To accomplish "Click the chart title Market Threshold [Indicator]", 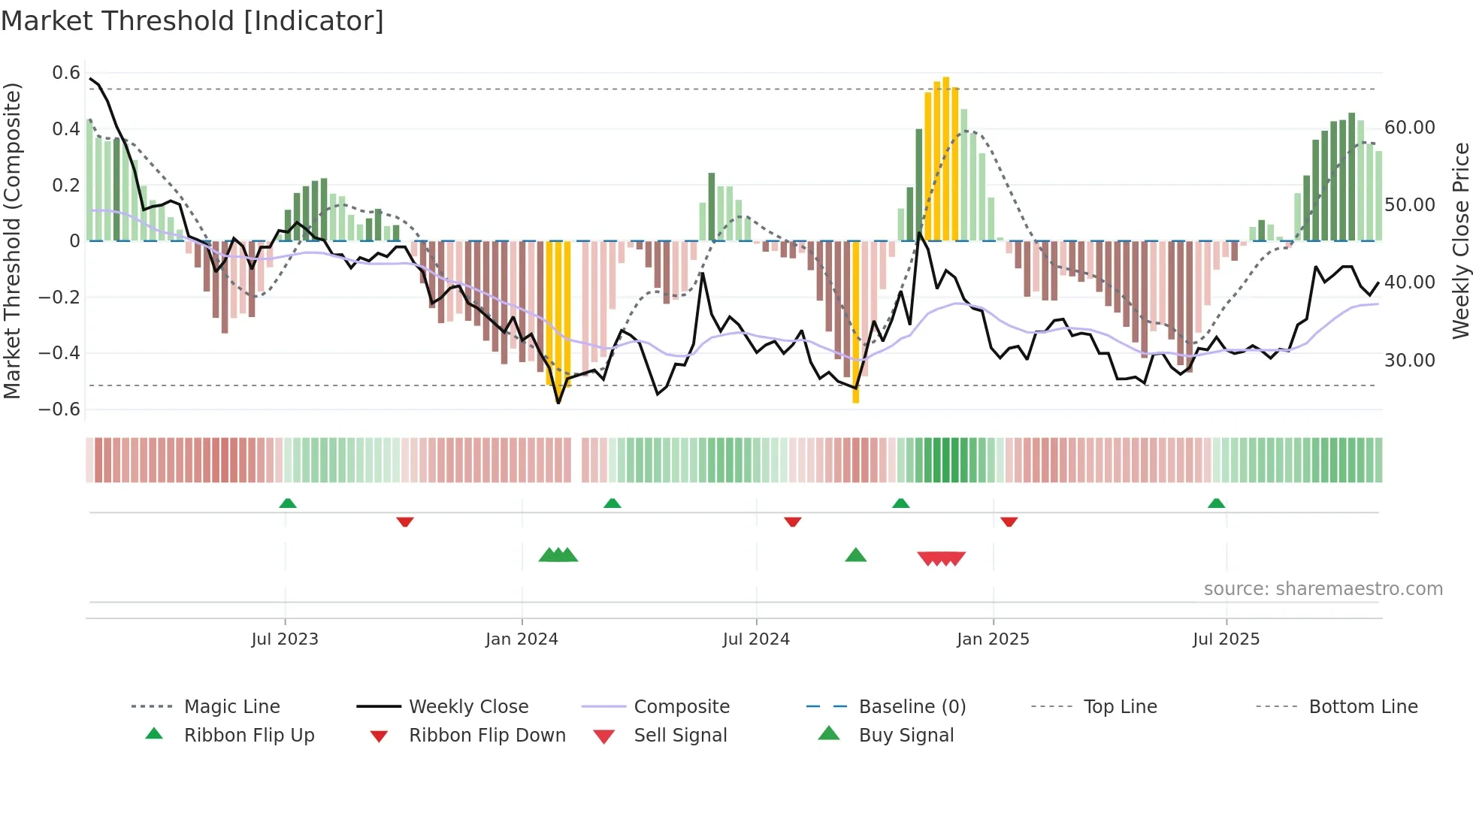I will pos(192,21).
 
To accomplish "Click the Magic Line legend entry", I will pos(231,707).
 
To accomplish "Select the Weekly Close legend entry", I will pos(468,707).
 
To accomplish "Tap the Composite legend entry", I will pos(681,707).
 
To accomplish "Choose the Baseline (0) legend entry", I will pos(912,707).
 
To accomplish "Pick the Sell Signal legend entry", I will pos(679,736).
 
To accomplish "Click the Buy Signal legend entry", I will pos(906,736).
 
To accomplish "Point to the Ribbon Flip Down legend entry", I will pos(486,736).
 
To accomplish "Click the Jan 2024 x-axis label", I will pos(522,639).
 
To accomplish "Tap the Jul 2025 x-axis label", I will pos(1226,639).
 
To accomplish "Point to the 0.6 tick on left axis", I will pos(66,73).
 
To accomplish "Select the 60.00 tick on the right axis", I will pos(1409,128).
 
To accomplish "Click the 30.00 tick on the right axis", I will pos(1409,361).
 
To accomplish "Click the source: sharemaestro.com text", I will pos(1323,589).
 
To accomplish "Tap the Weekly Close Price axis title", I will pos(1459,240).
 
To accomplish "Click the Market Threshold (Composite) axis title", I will pos(12,240).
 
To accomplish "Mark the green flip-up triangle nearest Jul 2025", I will pos(1216,503).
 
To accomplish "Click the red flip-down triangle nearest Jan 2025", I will pos(1009,521).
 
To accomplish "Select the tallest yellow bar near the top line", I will pos(946,158).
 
